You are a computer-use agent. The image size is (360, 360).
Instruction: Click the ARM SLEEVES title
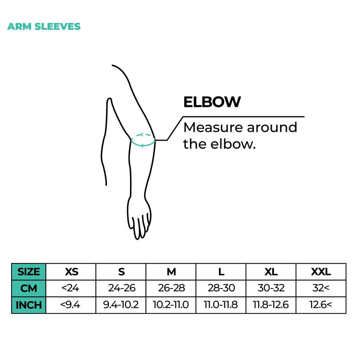(44, 26)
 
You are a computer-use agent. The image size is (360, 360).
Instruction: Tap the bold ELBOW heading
(212, 102)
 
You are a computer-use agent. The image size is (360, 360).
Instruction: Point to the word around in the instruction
(272, 128)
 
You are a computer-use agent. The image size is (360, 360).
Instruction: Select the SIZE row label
(29, 272)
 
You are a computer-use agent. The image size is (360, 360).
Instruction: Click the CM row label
(29, 288)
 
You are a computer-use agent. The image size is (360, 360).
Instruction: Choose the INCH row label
(29, 305)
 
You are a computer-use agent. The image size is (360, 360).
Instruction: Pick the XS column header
(72, 272)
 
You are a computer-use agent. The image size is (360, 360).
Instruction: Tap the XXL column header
(321, 272)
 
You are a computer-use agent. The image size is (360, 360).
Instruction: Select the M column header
(171, 272)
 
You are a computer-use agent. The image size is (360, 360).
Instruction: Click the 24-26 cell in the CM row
(122, 288)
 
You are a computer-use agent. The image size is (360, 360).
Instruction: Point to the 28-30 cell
(221, 288)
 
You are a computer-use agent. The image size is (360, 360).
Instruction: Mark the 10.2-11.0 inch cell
(171, 305)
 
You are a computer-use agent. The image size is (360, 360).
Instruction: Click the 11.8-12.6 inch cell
(271, 305)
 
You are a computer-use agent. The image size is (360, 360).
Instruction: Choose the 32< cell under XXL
(321, 288)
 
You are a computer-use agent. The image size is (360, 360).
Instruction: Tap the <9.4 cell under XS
(70, 305)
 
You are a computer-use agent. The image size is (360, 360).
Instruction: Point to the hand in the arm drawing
(139, 218)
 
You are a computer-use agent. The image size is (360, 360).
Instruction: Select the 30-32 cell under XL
(271, 288)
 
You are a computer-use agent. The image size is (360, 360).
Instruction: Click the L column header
(221, 272)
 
